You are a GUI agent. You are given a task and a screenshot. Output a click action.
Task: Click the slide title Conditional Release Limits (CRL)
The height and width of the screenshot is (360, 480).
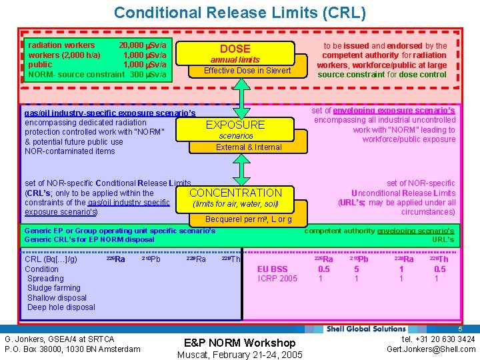click(239, 12)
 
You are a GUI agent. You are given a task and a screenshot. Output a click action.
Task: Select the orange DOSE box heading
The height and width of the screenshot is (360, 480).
click(235, 49)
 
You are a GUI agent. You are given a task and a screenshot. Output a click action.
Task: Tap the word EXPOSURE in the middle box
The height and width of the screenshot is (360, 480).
click(235, 125)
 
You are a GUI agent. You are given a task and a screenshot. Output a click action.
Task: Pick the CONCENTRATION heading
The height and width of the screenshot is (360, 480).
click(235, 193)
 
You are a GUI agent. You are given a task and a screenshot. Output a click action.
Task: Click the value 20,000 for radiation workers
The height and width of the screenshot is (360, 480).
click(133, 45)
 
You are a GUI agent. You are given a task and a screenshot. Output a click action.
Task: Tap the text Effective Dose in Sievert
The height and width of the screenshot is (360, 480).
click(247, 71)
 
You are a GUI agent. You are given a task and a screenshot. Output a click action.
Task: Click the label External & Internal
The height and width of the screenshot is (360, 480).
click(249, 147)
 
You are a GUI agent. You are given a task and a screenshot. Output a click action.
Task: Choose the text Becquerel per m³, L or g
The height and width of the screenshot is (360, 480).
click(248, 219)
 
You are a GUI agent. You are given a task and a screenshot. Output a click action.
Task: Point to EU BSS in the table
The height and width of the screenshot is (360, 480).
click(273, 269)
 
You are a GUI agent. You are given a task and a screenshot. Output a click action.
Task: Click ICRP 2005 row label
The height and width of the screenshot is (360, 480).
click(277, 279)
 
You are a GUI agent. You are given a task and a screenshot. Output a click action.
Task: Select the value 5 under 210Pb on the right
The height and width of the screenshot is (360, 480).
click(357, 269)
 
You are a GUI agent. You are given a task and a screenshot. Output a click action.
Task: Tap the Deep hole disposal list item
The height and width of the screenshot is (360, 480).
click(61, 307)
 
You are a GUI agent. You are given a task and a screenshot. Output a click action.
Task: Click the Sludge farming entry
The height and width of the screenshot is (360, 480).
click(54, 288)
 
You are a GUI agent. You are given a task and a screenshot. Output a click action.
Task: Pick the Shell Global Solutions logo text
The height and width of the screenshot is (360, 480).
click(366, 329)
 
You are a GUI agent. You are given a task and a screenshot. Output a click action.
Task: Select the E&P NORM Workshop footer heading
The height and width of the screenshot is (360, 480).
click(240, 343)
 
